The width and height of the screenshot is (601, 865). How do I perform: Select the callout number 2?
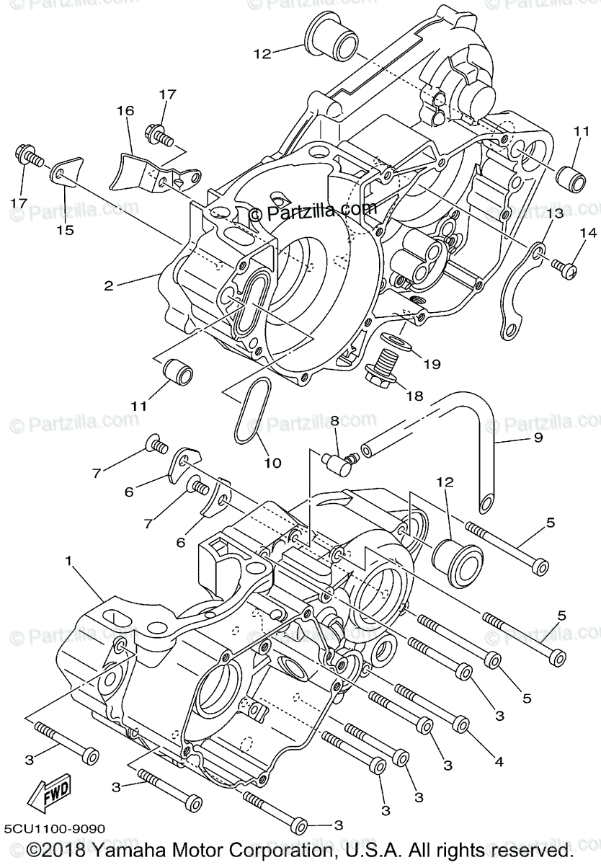tap(108, 285)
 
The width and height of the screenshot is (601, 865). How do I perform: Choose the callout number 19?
tap(431, 364)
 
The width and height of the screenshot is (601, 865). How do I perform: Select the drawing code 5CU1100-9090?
tap(54, 829)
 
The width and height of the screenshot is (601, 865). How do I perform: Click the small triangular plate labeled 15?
tap(66, 170)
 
